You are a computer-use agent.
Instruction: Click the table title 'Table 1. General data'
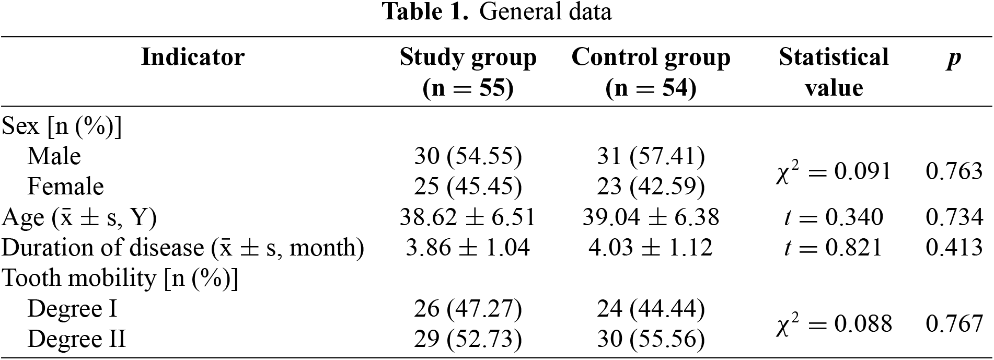[496, 12]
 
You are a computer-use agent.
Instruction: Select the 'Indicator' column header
[193, 57]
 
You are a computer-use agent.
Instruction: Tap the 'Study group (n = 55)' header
[468, 72]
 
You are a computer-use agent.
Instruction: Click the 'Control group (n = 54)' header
[651, 72]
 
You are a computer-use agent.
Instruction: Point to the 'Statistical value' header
[834, 72]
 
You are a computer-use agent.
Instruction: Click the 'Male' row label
[54, 156]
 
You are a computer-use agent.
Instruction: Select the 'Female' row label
[65, 187]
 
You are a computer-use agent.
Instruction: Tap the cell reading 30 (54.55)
[468, 156]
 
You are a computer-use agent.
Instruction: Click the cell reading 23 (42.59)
[651, 187]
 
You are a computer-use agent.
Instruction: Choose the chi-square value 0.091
[834, 171]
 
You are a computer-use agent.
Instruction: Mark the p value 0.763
[954, 171]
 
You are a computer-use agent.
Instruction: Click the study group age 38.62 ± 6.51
[468, 217]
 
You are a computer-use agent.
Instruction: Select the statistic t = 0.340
[834, 217]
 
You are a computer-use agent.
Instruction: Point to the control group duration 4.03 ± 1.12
[651, 247]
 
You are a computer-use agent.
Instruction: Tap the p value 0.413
[954, 247]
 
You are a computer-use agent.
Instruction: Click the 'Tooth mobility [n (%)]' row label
[120, 278]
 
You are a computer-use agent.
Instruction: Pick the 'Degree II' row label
[76, 339]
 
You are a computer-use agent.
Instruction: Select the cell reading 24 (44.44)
[651, 308]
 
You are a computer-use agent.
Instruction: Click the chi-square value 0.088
[834, 323]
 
